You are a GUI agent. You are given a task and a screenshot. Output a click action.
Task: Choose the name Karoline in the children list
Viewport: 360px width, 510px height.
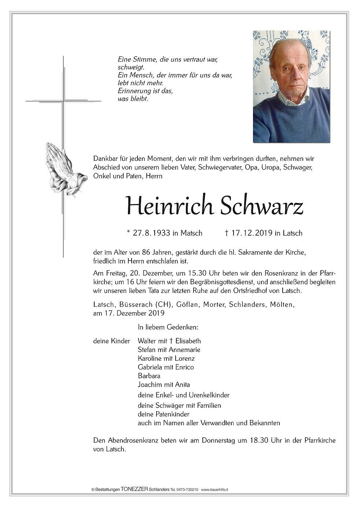click(x=150, y=358)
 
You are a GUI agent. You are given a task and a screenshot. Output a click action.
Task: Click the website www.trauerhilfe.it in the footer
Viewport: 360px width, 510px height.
click(x=214, y=490)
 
